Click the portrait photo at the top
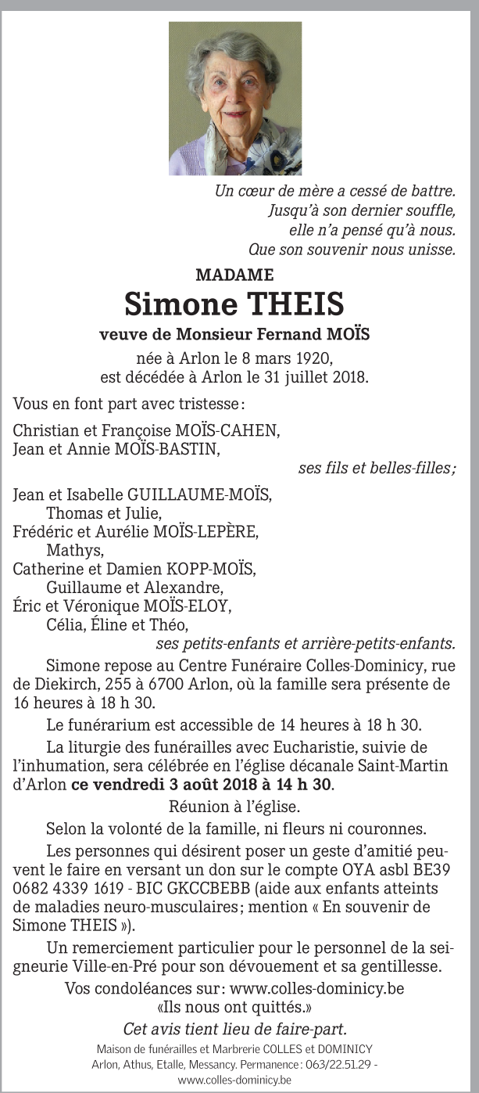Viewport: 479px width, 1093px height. click(x=235, y=99)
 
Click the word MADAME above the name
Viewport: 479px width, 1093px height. click(x=234, y=275)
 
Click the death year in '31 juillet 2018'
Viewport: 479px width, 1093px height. click(x=349, y=377)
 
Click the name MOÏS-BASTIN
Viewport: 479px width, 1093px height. click(x=170, y=449)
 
